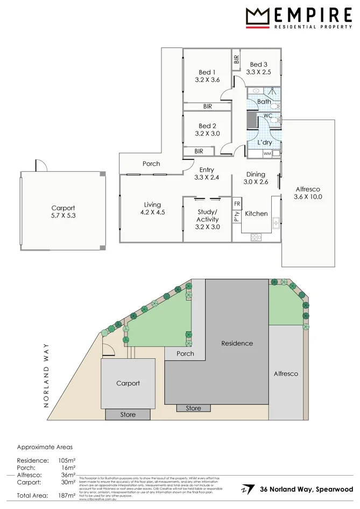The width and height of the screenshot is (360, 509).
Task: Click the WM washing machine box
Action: point(267,154)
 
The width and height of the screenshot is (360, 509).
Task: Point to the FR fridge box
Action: point(237,204)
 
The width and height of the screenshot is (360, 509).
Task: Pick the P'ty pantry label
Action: point(237,217)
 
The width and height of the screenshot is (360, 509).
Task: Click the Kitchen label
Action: point(256,214)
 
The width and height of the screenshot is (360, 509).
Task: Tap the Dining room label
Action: point(256,174)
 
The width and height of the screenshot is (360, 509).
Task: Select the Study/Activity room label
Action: point(207,215)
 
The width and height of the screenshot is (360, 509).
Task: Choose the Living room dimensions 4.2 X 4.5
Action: point(153,212)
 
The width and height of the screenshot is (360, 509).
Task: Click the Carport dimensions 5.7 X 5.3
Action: point(63,216)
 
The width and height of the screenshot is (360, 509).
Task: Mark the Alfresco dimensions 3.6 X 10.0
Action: point(308,197)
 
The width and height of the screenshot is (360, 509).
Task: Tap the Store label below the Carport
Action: point(128,415)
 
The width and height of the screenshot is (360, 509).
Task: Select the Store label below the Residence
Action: point(194,408)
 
